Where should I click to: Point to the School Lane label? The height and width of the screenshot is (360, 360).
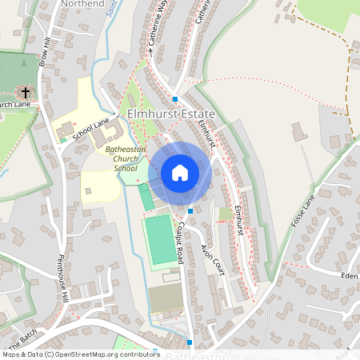(90, 130)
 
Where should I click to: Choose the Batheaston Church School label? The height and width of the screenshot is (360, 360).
(122, 158)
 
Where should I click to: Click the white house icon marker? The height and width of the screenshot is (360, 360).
(180, 173)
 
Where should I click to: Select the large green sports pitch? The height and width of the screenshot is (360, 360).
(161, 240)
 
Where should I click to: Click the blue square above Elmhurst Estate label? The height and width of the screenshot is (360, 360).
(175, 99)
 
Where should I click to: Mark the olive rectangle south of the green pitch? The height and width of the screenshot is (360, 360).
(166, 298)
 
